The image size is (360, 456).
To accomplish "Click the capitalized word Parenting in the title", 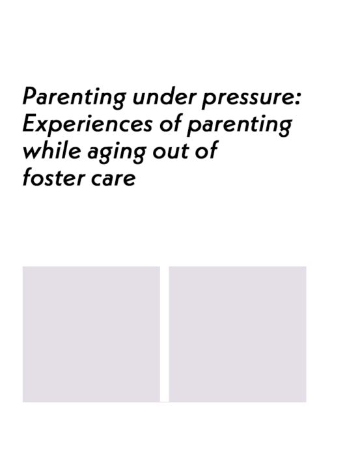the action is (x=74, y=98).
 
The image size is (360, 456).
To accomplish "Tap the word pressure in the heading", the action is (x=248, y=99).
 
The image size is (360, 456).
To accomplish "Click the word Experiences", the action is (x=87, y=125).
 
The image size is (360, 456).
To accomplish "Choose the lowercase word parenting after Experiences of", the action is (x=240, y=126).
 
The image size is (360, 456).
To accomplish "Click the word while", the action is (x=51, y=150).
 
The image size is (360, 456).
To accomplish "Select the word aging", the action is (x=117, y=152).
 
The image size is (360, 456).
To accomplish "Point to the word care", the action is (x=113, y=179).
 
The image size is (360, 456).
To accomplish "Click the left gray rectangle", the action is (x=91, y=334).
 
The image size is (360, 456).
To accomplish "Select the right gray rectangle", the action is (x=238, y=334).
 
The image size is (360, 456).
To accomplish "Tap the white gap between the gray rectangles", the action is (x=165, y=334).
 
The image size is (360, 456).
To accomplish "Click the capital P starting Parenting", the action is (x=31, y=96).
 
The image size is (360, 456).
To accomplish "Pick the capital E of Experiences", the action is (x=30, y=123).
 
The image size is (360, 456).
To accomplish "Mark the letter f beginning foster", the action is (x=27, y=177).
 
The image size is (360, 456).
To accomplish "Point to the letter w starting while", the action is (x=32, y=152).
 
